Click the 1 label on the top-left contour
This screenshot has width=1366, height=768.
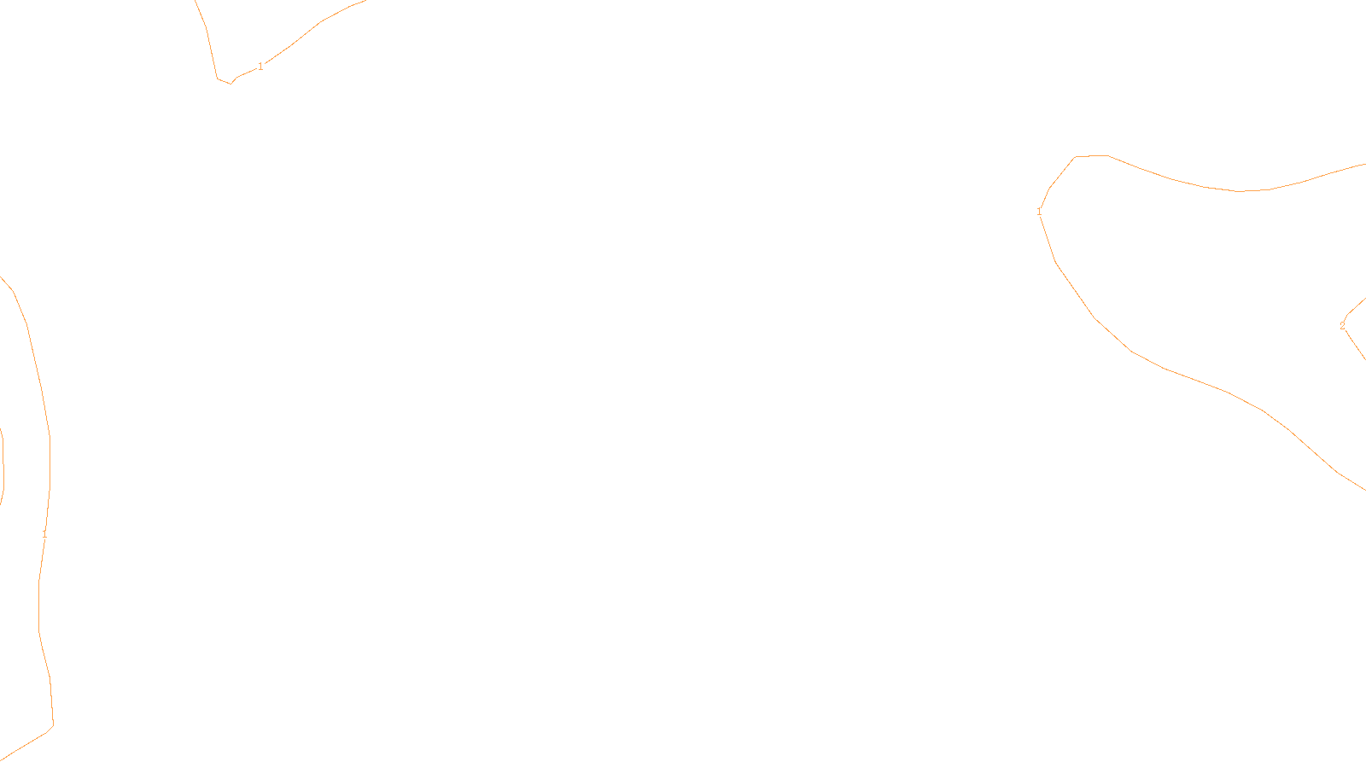(260, 67)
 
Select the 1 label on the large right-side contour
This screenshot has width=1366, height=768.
(1039, 212)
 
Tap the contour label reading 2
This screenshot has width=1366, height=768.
(1342, 326)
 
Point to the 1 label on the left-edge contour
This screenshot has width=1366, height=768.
(44, 534)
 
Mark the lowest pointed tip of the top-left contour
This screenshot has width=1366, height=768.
(231, 84)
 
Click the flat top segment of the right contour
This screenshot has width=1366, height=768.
(1091, 156)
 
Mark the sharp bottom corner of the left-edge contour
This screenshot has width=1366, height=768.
(53, 725)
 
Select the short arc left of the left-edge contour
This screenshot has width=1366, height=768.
(3, 465)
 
